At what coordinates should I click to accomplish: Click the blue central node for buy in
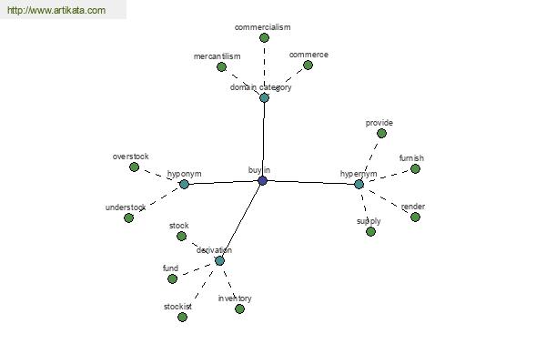pyautogui.click(x=263, y=180)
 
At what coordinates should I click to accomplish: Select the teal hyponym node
pyautogui.click(x=184, y=184)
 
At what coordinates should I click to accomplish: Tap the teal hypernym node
pyautogui.click(x=359, y=184)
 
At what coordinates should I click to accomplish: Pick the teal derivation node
pyautogui.click(x=219, y=260)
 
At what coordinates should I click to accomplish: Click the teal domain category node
pyautogui.click(x=264, y=97)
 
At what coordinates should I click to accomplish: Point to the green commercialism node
pyautogui.click(x=264, y=37)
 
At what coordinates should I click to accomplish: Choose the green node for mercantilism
pyautogui.click(x=221, y=66)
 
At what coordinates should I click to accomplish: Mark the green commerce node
pyautogui.click(x=308, y=66)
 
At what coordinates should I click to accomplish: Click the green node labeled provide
pyautogui.click(x=381, y=133)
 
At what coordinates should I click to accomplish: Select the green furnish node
pyautogui.click(x=415, y=169)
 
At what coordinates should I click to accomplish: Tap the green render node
pyautogui.click(x=415, y=217)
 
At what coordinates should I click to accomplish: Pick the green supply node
pyautogui.click(x=371, y=232)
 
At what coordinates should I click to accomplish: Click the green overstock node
pyautogui.click(x=134, y=167)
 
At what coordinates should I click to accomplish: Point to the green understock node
pyautogui.click(x=128, y=218)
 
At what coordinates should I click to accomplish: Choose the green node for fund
pyautogui.click(x=172, y=278)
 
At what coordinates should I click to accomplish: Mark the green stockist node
pyautogui.click(x=182, y=317)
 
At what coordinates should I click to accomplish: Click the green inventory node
pyautogui.click(x=239, y=308)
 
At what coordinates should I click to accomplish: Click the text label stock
pyautogui.click(x=179, y=226)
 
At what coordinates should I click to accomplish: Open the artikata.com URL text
pyautogui.click(x=56, y=10)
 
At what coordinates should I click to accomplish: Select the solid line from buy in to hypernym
pyautogui.click(x=311, y=182)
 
